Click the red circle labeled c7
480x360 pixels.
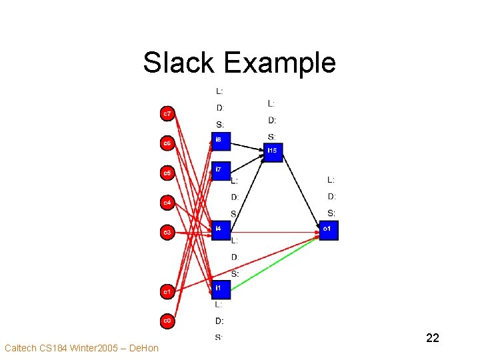click(x=168, y=114)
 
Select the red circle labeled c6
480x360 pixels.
click(x=168, y=143)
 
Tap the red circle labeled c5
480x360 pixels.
click(x=168, y=173)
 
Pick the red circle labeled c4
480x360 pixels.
click(x=168, y=202)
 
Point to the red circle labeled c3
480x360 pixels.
click(x=168, y=232)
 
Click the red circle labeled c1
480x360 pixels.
click(x=168, y=291)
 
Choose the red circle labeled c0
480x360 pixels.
click(x=168, y=321)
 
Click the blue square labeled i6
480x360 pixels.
click(x=221, y=141)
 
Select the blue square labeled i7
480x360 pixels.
click(x=221, y=171)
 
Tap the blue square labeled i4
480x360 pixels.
click(x=221, y=230)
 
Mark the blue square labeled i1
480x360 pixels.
click(x=221, y=289)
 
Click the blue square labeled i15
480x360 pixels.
click(x=273, y=152)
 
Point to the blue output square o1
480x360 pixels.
click(x=329, y=230)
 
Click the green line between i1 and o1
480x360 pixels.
click(x=277, y=263)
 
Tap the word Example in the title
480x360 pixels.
click(x=279, y=63)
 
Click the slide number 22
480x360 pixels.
click(x=432, y=338)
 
